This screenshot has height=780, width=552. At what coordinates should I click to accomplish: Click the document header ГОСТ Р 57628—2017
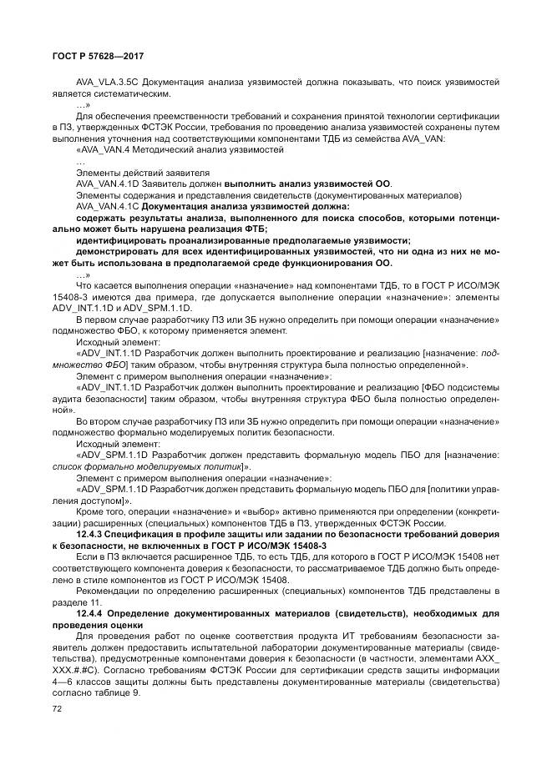(x=86, y=56)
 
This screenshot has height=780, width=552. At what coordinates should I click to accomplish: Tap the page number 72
(x=58, y=708)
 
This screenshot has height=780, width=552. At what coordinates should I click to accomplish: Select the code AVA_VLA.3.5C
(x=105, y=83)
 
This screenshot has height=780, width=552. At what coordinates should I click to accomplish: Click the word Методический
(x=170, y=150)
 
